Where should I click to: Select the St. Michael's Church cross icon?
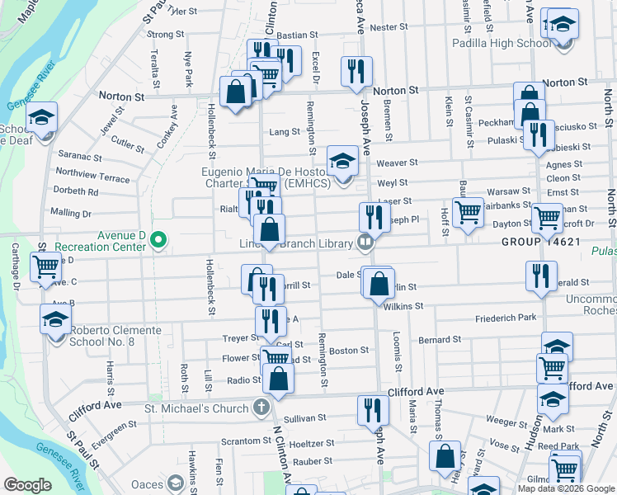(x=261, y=408)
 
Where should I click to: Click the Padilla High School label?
(x=502, y=43)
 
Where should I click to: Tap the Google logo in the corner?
(x=28, y=484)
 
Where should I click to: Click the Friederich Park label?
(x=506, y=318)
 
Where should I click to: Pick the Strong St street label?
(x=165, y=35)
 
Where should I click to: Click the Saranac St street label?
(x=80, y=157)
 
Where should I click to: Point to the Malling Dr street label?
(x=70, y=213)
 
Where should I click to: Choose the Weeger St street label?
(x=500, y=420)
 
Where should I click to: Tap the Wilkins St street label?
(x=403, y=305)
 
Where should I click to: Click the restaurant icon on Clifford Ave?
(x=373, y=409)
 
